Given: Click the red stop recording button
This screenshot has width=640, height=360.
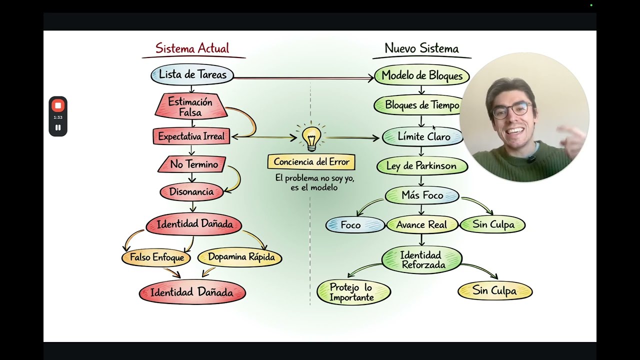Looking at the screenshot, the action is coord(58,105).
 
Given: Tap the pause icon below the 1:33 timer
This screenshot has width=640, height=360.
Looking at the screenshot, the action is coord(58,127).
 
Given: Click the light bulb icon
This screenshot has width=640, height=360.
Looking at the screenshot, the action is coord(311,137).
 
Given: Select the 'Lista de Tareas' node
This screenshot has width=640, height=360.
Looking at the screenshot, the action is coord(192,75).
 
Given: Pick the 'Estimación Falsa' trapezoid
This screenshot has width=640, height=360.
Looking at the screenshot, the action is coord(191,106).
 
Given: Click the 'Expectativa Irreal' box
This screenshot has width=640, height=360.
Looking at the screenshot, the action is coord(191,136).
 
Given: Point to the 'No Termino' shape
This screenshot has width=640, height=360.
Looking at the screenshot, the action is coord(192,164).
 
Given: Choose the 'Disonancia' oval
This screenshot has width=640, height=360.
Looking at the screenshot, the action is coord(191,191).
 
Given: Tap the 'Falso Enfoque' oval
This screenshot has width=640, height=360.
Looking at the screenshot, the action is coord(156,257).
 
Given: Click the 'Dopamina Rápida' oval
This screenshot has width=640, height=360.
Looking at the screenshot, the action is coord(240,257).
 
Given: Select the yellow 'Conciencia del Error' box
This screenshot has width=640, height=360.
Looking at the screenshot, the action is coord(311,162).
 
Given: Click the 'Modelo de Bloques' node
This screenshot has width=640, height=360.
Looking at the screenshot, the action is coord(422,75).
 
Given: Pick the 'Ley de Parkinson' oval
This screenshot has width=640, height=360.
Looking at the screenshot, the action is coord(422,166).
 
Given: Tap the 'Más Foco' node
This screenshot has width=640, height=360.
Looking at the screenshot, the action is coord(422,195).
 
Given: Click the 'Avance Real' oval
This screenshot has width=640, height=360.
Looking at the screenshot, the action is coord(422,225).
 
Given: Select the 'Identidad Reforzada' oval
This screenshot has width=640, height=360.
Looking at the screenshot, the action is coord(422,260).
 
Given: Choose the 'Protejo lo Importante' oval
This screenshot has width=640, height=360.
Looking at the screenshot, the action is coord(353,292).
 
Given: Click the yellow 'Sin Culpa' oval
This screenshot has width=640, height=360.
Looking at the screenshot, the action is coord(495,291).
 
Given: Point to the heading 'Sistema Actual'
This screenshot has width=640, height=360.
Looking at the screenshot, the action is coord(192,48).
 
